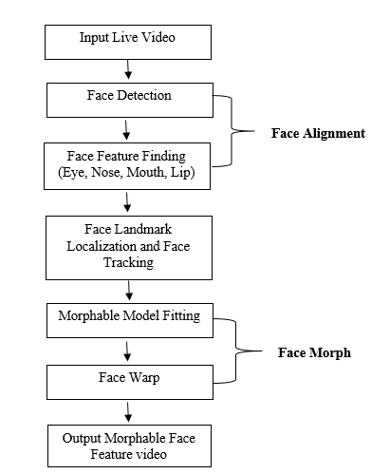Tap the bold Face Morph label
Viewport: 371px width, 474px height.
click(313, 352)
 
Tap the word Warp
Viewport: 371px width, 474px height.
click(143, 378)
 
